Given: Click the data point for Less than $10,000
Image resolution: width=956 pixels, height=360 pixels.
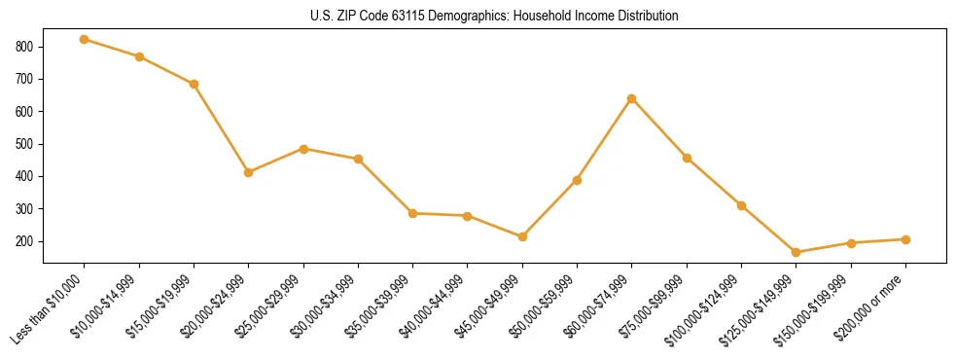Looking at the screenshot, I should tap(85, 39).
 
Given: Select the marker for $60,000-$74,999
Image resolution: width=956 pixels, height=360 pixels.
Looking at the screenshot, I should tap(632, 98).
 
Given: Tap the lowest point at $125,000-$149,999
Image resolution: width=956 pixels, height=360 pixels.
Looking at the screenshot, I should tap(797, 252).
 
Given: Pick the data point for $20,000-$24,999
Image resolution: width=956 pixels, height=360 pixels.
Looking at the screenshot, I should tap(249, 172).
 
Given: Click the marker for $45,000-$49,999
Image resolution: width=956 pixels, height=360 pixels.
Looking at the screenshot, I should tap(522, 236).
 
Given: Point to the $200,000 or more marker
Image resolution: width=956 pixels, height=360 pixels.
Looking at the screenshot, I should tap(905, 239).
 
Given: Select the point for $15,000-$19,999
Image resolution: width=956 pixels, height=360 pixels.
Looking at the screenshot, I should tap(194, 84).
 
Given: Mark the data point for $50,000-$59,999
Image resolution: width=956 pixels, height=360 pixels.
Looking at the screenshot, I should tap(578, 180).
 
